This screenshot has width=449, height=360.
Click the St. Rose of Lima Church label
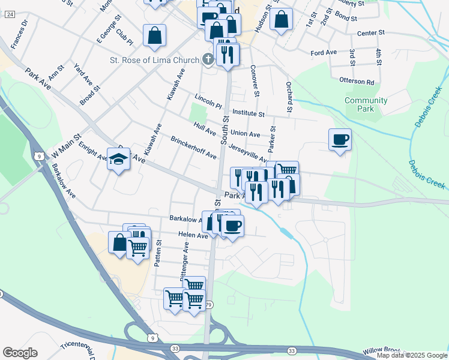[154, 59]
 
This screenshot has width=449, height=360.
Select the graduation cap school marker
[118, 160]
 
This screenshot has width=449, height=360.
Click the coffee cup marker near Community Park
[340, 140]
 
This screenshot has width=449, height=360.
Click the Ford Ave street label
[324, 53]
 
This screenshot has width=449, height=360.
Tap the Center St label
[370, 34]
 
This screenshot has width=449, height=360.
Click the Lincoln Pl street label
[208, 100]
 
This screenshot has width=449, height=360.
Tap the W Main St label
[65, 149]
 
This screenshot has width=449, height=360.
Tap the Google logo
[20, 353]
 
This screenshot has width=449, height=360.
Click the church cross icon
[208, 59]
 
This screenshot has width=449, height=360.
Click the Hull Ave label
[205, 128]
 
